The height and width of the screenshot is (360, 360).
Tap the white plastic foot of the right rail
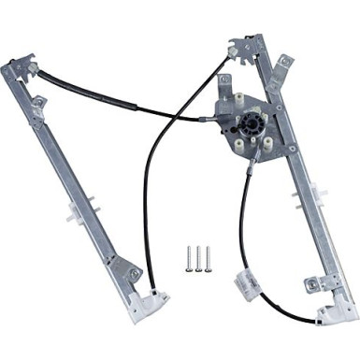pyautogui.click(x=336, y=310)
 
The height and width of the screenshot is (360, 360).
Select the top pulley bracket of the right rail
pyautogui.click(x=245, y=46)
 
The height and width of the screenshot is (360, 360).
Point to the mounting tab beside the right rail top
pyautogui.click(x=284, y=63)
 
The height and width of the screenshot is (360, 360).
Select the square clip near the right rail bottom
pyautogui.click(x=310, y=281)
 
